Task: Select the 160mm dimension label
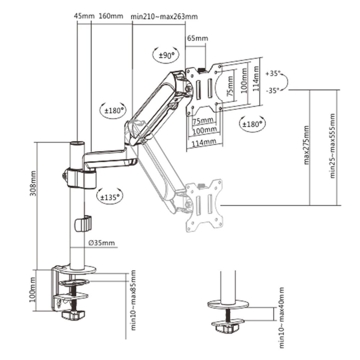(x=111, y=16)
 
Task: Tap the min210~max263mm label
(x=164, y=16)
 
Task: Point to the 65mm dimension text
(x=197, y=38)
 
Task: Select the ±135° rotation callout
(x=110, y=197)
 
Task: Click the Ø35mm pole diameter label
(x=102, y=243)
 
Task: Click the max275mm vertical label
(x=306, y=145)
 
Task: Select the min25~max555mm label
(x=332, y=146)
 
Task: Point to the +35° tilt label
(x=273, y=73)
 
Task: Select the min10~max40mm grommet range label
(x=281, y=318)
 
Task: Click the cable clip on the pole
(x=83, y=223)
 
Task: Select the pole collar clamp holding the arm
(x=80, y=179)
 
